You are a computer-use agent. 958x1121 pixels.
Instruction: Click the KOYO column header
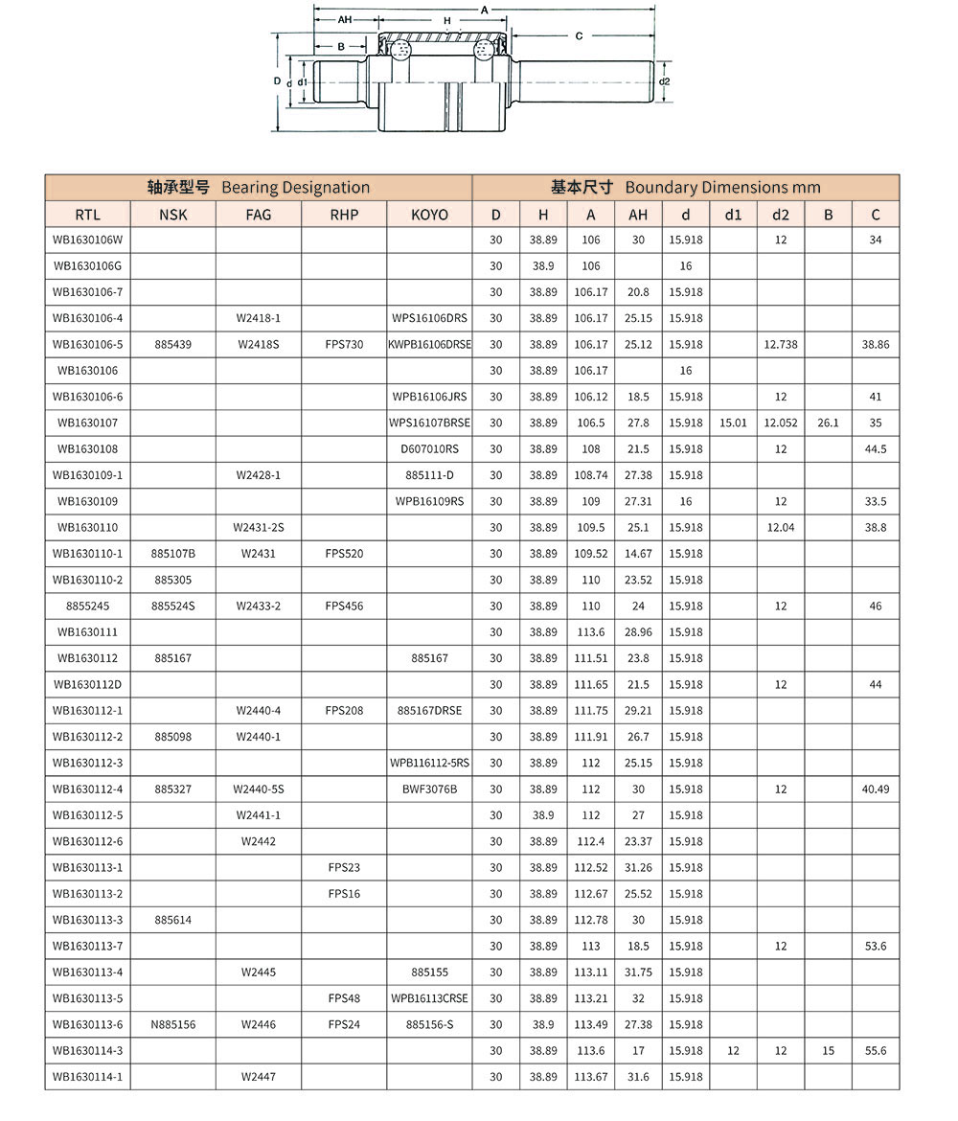point(429,215)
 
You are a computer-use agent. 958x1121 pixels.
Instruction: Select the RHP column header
point(344,215)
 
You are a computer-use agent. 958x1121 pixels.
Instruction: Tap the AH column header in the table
point(638,215)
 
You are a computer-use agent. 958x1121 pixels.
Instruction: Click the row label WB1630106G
point(87,265)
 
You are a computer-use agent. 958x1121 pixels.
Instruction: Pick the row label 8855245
point(87,606)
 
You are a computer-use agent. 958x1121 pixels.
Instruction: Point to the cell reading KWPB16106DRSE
point(429,344)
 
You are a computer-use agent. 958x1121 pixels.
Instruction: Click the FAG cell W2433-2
point(259,606)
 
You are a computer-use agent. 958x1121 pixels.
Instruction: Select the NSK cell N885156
point(172,1024)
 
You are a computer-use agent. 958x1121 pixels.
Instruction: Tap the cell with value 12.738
point(781,344)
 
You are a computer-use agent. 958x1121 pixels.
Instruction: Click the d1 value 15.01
point(733,423)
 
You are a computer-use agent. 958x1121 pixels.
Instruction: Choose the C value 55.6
point(876,1050)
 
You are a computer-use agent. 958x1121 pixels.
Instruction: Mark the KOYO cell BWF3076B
point(429,789)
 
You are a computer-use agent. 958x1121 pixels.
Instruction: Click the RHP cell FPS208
point(344,710)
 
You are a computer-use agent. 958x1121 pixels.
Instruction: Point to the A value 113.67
point(591,1076)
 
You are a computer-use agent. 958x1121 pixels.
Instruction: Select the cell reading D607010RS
point(429,448)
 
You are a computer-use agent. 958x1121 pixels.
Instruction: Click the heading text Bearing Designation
point(295,188)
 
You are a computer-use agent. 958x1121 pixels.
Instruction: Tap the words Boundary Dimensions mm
point(722,188)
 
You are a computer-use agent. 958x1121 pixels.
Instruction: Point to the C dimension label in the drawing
point(580,36)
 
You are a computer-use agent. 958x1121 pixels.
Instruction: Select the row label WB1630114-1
point(87,1076)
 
